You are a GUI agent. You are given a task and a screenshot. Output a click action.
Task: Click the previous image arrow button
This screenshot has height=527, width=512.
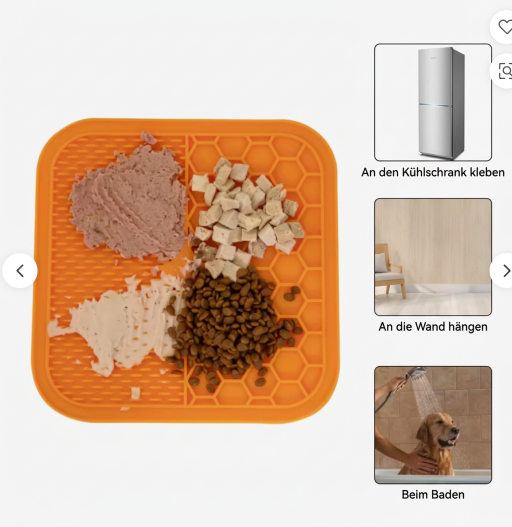click(20, 270)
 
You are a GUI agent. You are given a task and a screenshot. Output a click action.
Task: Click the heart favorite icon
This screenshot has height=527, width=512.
click(505, 27)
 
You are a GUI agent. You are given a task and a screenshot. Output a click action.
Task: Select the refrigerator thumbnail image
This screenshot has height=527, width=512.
click(433, 102)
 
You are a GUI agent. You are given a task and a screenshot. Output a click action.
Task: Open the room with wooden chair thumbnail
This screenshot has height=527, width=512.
click(433, 257)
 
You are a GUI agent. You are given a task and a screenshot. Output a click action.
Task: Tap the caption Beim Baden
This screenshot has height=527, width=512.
click(433, 494)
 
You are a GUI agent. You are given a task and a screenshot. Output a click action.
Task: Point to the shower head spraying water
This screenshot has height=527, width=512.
click(417, 372)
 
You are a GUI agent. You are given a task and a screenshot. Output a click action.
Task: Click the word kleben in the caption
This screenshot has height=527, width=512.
click(487, 172)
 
